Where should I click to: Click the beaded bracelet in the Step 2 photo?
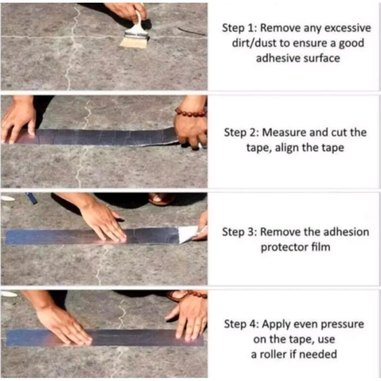pos(190,112)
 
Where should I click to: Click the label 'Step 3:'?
pos(239,232)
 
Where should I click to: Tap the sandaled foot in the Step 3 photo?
pos(162,199)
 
